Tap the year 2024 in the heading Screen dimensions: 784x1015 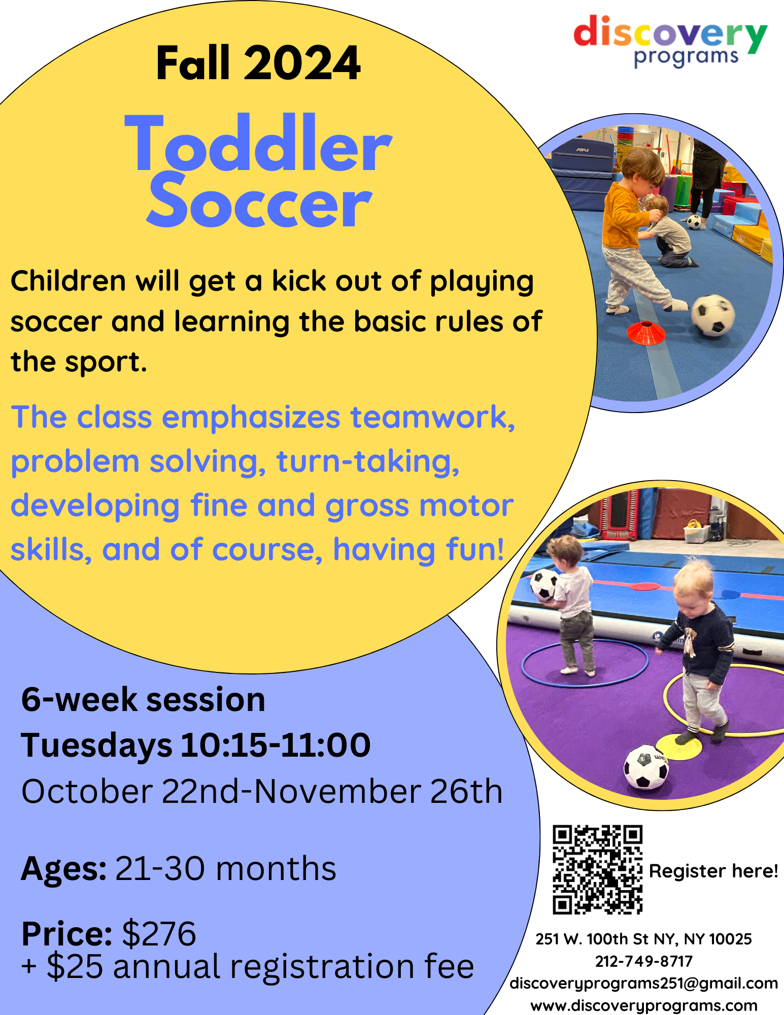[x=302, y=63]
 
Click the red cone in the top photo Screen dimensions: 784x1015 [x=645, y=332]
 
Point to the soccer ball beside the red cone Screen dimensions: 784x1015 [x=712, y=315]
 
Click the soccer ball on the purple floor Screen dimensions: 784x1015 [x=645, y=767]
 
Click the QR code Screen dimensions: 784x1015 [x=597, y=870]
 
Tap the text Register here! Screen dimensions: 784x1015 [x=713, y=871]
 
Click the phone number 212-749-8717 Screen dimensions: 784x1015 [x=643, y=961]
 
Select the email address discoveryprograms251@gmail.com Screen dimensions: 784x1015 [x=643, y=984]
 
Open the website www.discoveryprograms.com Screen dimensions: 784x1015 [x=643, y=1005]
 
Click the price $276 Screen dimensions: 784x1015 [x=159, y=934]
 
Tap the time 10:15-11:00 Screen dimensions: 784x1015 [x=276, y=745]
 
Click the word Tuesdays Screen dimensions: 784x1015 [x=96, y=746]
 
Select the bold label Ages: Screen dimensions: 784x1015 [x=64, y=869]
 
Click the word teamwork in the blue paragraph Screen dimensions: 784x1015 [x=433, y=418]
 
